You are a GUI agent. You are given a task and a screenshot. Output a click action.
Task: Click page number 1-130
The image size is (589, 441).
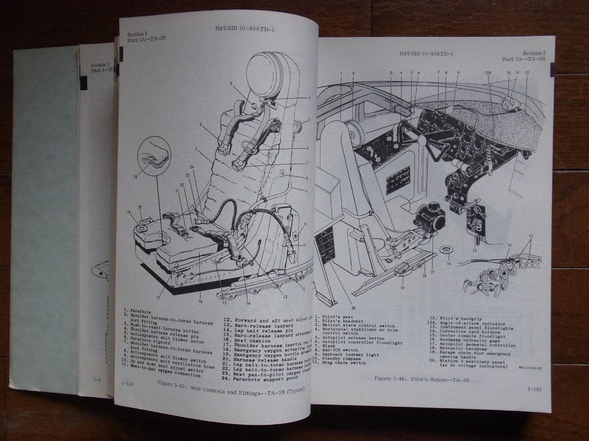[128, 384]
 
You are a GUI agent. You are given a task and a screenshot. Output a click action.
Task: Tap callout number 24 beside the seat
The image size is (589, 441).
[193, 167]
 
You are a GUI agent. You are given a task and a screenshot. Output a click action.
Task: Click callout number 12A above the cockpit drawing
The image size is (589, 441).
[488, 73]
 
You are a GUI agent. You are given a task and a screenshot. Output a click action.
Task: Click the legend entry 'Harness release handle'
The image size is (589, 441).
[258, 360]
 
